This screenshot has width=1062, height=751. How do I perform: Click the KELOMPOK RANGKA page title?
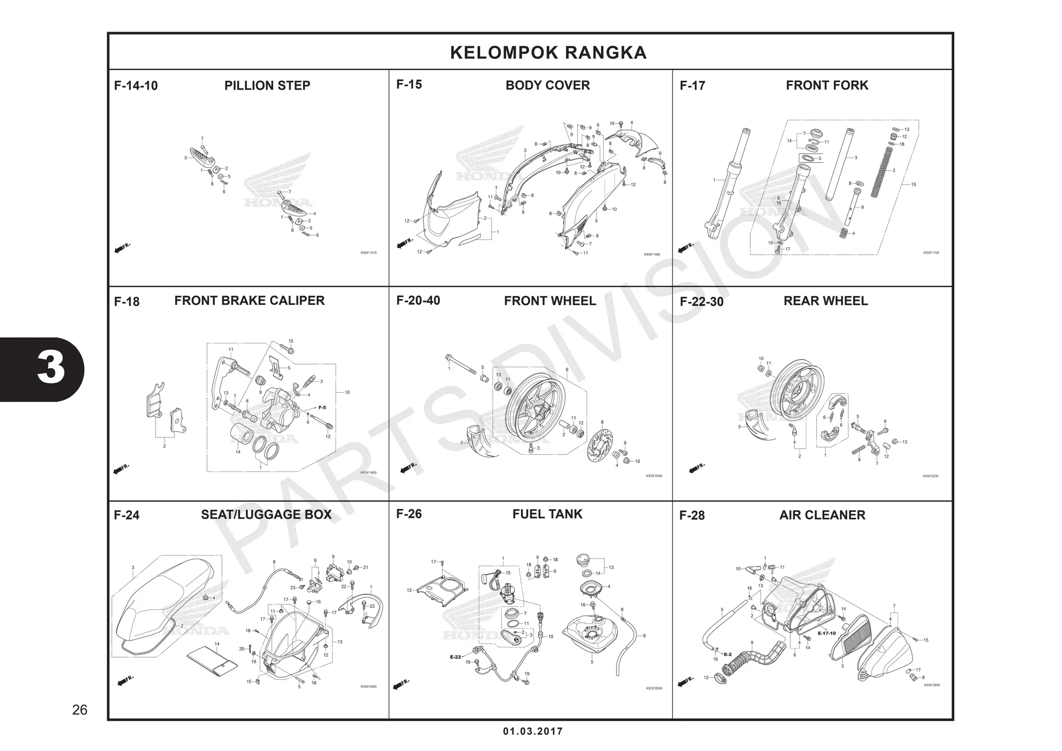click(548, 52)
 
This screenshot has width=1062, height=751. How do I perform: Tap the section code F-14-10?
click(136, 86)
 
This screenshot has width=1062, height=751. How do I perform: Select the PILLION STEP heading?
click(267, 86)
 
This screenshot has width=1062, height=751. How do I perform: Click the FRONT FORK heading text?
click(827, 85)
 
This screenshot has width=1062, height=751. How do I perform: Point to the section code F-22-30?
click(701, 302)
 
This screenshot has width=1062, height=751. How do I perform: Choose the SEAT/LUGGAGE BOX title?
click(266, 514)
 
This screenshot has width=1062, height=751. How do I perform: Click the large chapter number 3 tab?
click(51, 369)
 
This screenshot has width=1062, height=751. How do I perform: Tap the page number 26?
click(80, 710)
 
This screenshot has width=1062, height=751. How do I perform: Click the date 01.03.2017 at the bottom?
click(533, 731)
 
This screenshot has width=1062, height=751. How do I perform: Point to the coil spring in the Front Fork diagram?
click(888, 171)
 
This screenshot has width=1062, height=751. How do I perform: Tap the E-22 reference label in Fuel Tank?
click(455, 657)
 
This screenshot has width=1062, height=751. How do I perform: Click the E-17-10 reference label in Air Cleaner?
click(827, 633)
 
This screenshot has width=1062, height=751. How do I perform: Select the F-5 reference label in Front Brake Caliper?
click(322, 408)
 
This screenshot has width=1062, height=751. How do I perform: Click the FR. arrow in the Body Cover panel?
click(405, 242)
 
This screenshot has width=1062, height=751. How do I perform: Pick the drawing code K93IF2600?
click(654, 688)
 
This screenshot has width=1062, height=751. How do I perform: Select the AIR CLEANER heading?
click(822, 515)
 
